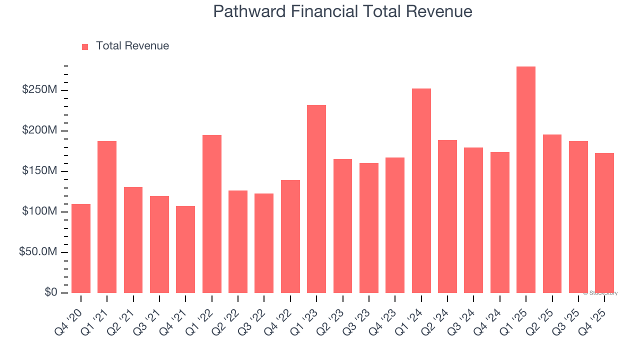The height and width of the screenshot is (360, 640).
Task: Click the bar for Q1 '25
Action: coord(526,179)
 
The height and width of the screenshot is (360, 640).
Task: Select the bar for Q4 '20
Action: coord(81,248)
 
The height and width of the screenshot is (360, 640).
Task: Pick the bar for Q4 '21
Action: coord(185,249)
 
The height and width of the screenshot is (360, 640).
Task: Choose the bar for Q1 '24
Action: coord(421,190)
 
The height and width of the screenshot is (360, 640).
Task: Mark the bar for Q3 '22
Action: coord(264,243)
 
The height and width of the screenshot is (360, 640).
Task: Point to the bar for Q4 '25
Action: coord(604,223)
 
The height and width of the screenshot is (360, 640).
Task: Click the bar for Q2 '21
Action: coord(133,240)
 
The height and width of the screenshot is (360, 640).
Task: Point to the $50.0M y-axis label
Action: coord(38,252)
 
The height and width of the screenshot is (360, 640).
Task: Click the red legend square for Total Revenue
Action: coord(85,46)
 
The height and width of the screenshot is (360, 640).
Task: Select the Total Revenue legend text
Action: coord(132,46)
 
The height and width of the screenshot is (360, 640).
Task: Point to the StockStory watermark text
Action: coord(601,293)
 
